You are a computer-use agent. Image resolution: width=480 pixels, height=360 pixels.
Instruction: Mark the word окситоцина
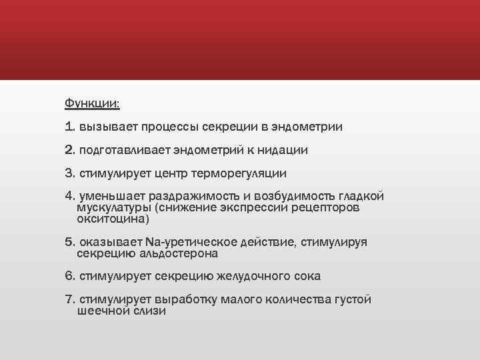point(113,218)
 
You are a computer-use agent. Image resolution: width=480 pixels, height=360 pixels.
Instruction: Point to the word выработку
point(185,300)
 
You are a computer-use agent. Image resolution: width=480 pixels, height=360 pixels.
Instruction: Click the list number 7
point(70,300)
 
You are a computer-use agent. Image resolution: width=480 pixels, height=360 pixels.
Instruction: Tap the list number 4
point(70,197)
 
